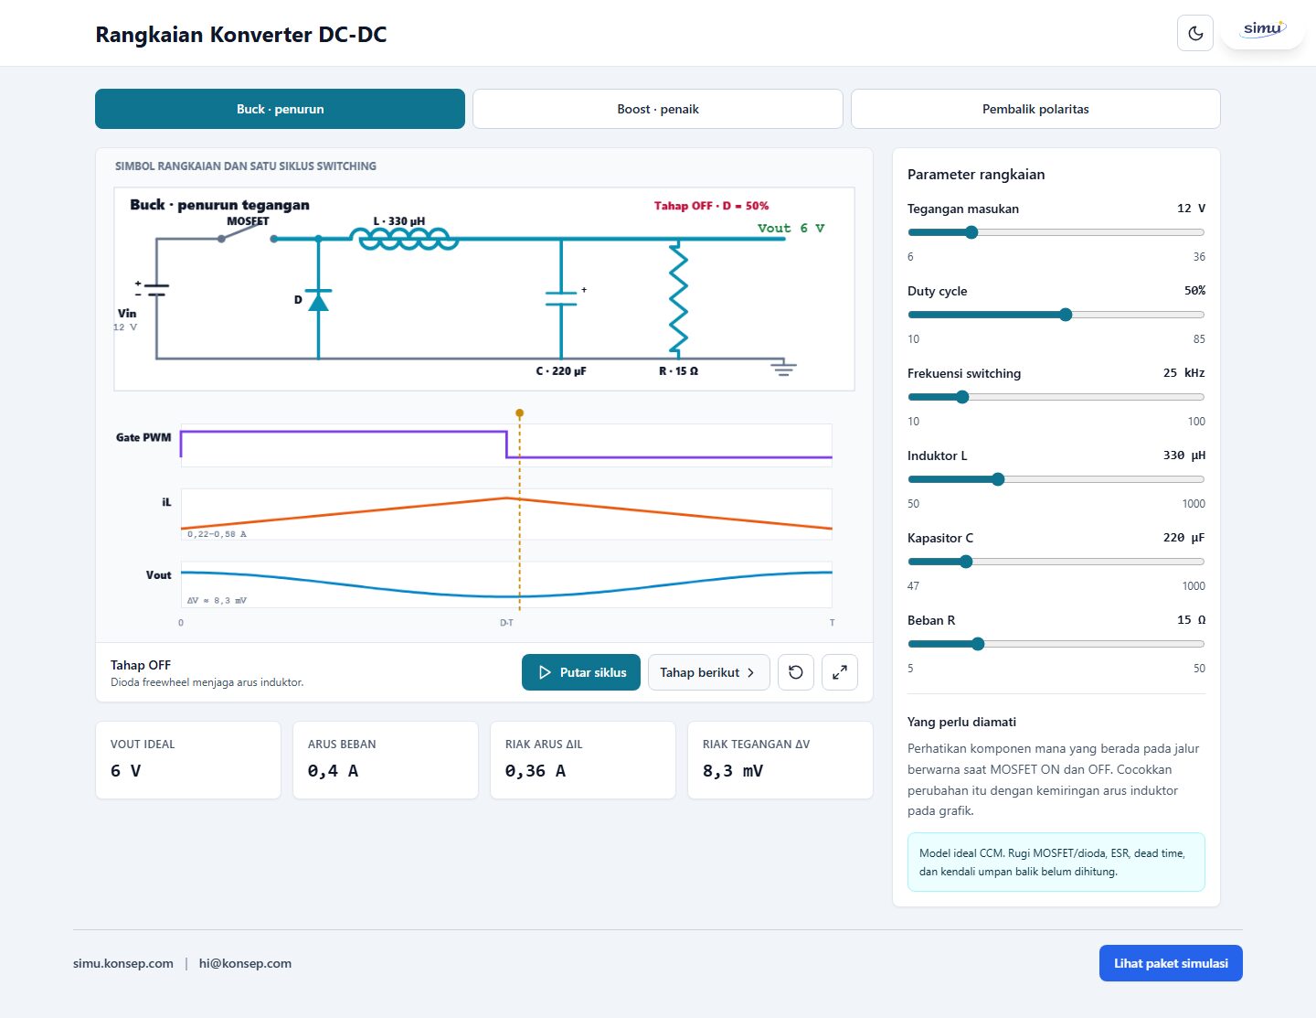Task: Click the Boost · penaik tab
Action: tap(658, 109)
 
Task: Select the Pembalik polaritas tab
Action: tap(1035, 109)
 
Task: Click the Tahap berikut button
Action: tap(708, 672)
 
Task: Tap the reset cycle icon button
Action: tap(796, 672)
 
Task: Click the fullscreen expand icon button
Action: tap(839, 672)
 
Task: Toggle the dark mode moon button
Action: tap(1194, 33)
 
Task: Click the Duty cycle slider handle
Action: tap(1066, 315)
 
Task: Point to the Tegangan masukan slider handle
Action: tap(971, 232)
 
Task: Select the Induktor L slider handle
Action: tap(998, 479)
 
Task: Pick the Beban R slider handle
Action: tap(978, 644)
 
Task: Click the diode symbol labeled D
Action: tap(319, 301)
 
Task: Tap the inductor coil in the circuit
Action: tap(404, 239)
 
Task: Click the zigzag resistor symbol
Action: tap(678, 298)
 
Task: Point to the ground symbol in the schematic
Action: tap(783, 367)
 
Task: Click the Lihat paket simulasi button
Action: tap(1171, 963)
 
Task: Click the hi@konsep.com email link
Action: tap(245, 963)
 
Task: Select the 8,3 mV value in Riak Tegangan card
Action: tap(733, 771)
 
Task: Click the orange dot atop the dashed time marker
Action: tap(520, 413)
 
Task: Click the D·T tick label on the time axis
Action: tap(506, 623)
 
